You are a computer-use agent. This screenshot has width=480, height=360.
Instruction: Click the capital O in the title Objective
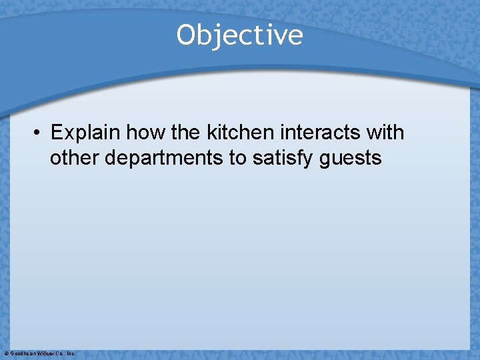[x=185, y=35]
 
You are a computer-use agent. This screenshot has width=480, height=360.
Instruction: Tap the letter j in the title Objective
[x=217, y=36]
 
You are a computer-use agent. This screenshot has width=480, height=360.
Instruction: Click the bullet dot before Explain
[x=38, y=133]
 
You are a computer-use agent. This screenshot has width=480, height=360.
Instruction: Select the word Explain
[x=85, y=133]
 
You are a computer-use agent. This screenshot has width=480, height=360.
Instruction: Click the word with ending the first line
[x=385, y=132]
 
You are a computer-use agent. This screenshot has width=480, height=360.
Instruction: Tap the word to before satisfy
[x=237, y=158]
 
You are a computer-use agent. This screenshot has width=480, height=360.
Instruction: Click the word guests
[x=350, y=159]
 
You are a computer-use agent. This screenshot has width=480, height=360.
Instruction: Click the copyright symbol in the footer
[x=6, y=353]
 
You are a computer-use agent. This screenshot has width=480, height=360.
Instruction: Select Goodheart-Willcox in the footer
[x=33, y=353]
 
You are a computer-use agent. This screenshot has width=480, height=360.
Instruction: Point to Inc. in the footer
[x=71, y=353]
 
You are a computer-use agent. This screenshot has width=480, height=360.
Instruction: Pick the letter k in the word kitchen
[x=212, y=132]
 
